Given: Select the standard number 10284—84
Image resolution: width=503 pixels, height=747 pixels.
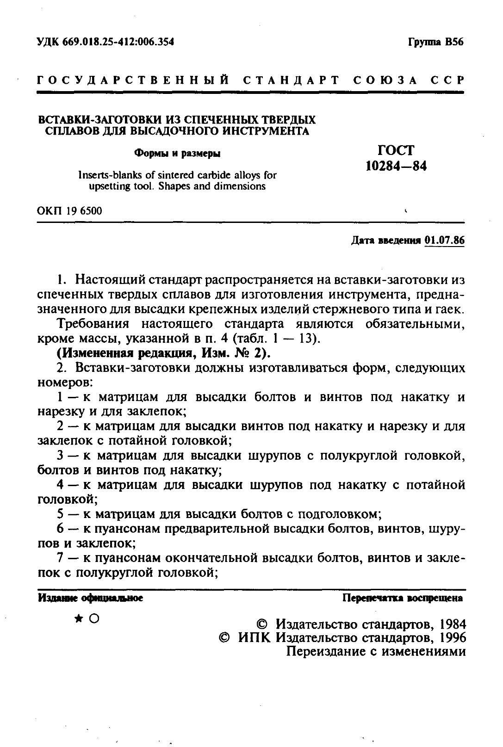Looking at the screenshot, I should tap(396, 166).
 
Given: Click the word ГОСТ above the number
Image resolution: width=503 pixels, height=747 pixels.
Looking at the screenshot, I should tap(396, 150).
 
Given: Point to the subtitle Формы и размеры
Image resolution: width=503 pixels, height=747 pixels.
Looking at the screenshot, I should tap(177, 153).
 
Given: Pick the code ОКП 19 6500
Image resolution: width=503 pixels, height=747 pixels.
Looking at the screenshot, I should tap(69, 211).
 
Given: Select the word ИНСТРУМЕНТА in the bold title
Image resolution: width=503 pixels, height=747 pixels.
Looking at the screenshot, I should tap(265, 131).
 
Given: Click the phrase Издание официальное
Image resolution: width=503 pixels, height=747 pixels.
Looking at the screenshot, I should tap(90, 598).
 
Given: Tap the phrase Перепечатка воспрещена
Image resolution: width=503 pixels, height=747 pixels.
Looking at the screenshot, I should tap(402, 598).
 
